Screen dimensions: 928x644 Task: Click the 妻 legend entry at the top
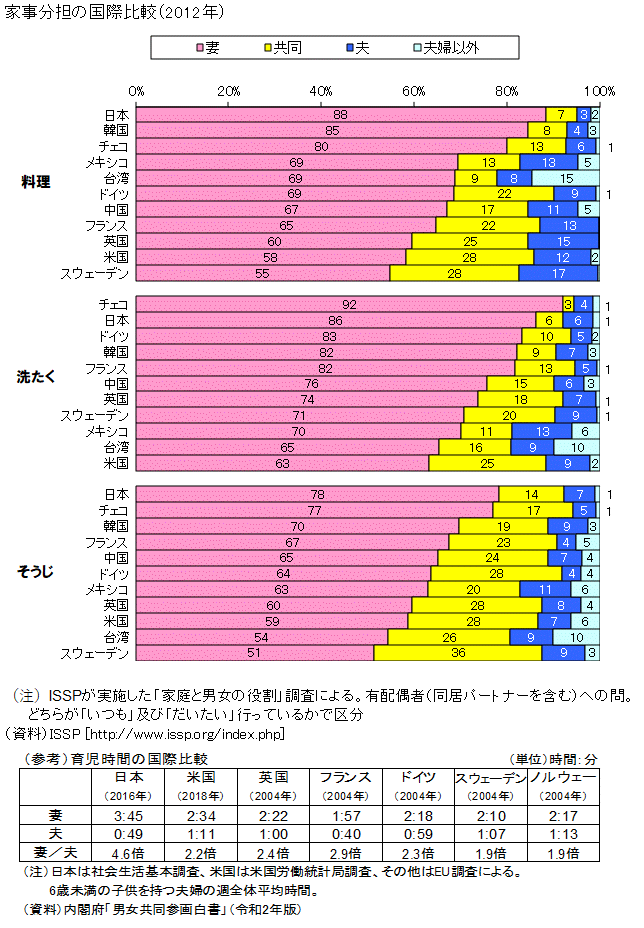point(212,47)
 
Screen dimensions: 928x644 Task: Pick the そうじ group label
point(36,572)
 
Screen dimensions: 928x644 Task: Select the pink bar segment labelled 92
point(349,303)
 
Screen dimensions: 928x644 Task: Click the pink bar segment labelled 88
point(341,115)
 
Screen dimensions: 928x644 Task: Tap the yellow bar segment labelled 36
point(457,653)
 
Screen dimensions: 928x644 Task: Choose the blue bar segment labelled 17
point(559,273)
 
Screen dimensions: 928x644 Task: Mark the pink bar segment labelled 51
point(254,653)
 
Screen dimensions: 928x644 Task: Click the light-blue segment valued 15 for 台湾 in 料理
point(565,178)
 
